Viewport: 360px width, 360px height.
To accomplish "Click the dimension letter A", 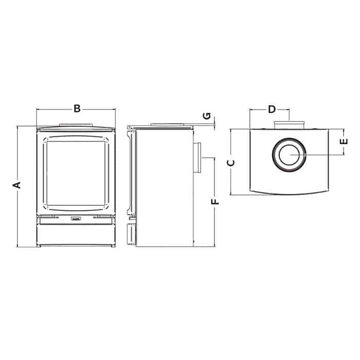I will pos(17,185).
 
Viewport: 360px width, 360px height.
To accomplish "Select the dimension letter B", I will pos(77,108).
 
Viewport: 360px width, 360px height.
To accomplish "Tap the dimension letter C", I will pos(231,163).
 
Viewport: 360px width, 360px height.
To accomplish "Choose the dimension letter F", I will pos(215,201).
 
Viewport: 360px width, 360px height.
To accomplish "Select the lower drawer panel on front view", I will pos(76,235).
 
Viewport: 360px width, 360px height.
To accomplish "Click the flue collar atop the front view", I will pos(76,124).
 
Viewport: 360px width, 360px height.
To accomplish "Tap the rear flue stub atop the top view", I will pos(290,124).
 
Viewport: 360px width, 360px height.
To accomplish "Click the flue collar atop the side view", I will pos(166,124).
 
